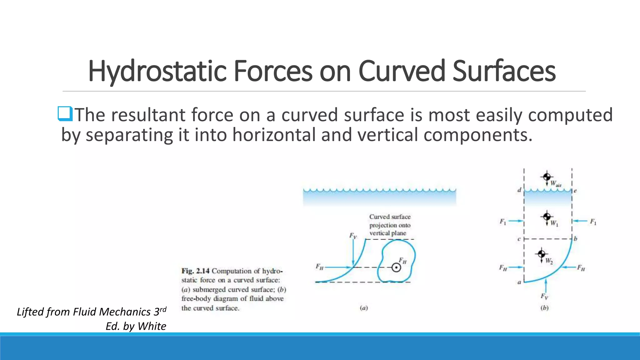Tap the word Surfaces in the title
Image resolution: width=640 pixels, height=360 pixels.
[x=504, y=71]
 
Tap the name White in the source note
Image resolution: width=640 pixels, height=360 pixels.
[x=152, y=326]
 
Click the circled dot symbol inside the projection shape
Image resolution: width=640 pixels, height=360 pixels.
[x=396, y=267]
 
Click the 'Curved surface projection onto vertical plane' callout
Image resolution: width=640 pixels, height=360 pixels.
[x=390, y=225]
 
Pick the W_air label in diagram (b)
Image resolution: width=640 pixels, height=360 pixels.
[x=556, y=184]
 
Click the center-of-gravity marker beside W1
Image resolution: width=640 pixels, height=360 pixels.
[x=547, y=216]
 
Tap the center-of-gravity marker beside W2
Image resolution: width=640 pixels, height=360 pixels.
[x=542, y=253]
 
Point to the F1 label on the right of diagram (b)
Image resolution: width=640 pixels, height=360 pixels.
[x=593, y=222]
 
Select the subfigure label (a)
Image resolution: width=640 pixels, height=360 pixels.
[x=364, y=308]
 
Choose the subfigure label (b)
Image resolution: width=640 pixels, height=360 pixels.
[x=544, y=308]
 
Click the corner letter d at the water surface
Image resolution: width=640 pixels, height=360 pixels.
[x=519, y=190]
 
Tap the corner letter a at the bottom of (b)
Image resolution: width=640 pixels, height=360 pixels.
[x=519, y=282]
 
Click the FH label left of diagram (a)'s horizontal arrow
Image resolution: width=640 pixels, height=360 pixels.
[x=319, y=267]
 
